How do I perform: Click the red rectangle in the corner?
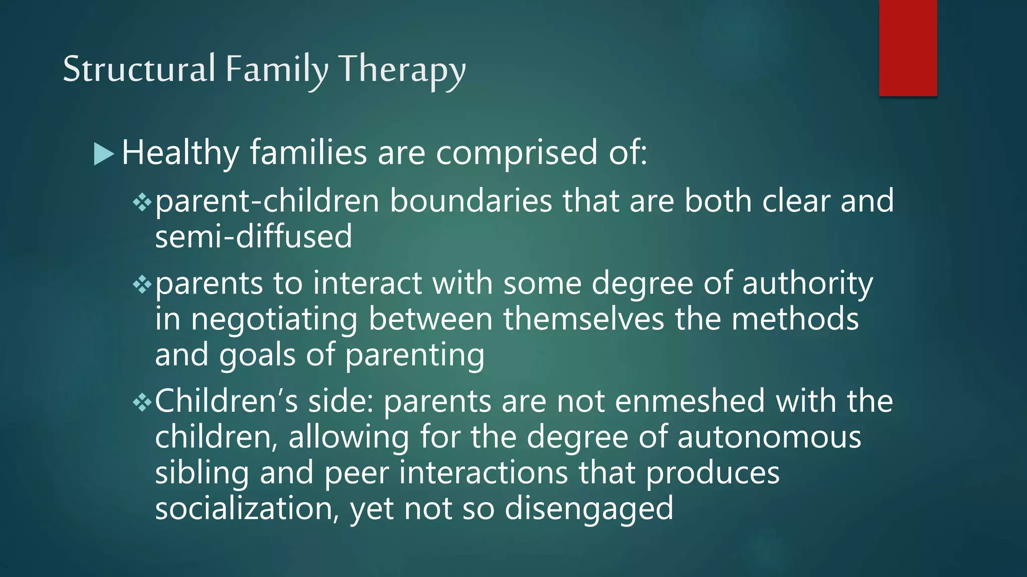tap(908, 48)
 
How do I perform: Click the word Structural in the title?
tap(139, 69)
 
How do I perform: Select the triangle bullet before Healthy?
tap(103, 154)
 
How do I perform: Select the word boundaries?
tap(471, 201)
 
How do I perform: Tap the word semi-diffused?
tap(253, 236)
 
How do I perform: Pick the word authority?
tap(807, 284)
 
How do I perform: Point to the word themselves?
tap(583, 319)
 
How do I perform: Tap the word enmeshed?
tap(690, 401)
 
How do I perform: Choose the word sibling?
tap(202, 473)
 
